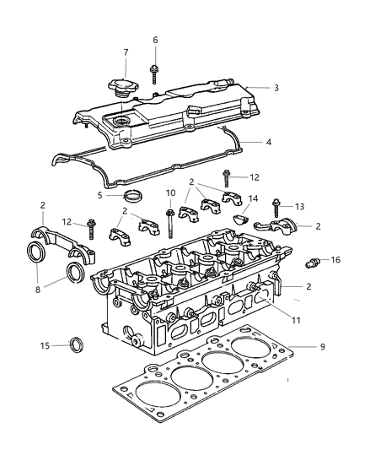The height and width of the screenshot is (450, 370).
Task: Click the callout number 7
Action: tap(125, 53)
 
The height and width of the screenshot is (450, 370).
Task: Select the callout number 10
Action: tap(170, 193)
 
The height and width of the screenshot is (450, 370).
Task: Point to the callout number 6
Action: tap(155, 40)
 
